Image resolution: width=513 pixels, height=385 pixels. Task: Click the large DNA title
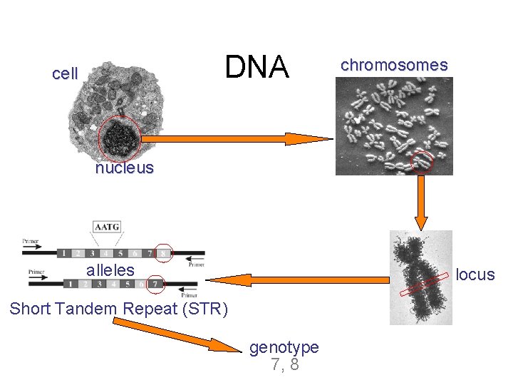pos(257,68)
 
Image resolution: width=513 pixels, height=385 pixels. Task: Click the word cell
pos(66,73)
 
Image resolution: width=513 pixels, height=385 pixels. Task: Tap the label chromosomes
pos(394,65)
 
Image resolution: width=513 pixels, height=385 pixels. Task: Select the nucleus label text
pos(125,168)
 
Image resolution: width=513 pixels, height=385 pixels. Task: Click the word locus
pos(475,274)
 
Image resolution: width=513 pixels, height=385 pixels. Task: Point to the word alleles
pos(110,270)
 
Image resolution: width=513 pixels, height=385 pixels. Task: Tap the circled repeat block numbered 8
pos(163,253)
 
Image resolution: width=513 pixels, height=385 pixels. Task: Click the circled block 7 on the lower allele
pos(156,284)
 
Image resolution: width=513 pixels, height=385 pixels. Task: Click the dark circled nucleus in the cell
pos(120,138)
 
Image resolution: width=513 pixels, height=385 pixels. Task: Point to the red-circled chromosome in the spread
pos(423,163)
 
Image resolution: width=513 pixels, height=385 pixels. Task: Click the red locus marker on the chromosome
pos(423,285)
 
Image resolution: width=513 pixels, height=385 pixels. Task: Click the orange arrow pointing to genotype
pos(178,336)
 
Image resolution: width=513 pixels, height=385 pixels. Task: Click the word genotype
pos(284,347)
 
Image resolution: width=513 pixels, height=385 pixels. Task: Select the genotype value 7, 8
pos(284,365)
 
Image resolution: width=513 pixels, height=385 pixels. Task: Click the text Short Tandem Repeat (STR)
pos(119,309)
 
